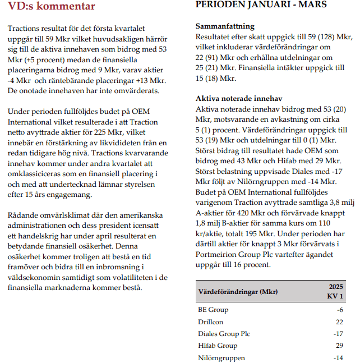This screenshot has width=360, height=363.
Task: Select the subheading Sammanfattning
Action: coord(224,26)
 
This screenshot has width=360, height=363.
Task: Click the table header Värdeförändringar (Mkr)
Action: coord(238,292)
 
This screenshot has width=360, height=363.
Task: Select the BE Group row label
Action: coord(213,310)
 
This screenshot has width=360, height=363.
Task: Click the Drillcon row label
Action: coord(211,321)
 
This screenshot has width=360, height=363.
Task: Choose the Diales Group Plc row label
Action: coord(224,334)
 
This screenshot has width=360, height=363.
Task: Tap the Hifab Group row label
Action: coord(218,346)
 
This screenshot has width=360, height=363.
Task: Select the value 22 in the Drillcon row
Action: coord(339,321)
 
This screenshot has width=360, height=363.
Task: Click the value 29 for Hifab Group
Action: coord(339,346)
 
